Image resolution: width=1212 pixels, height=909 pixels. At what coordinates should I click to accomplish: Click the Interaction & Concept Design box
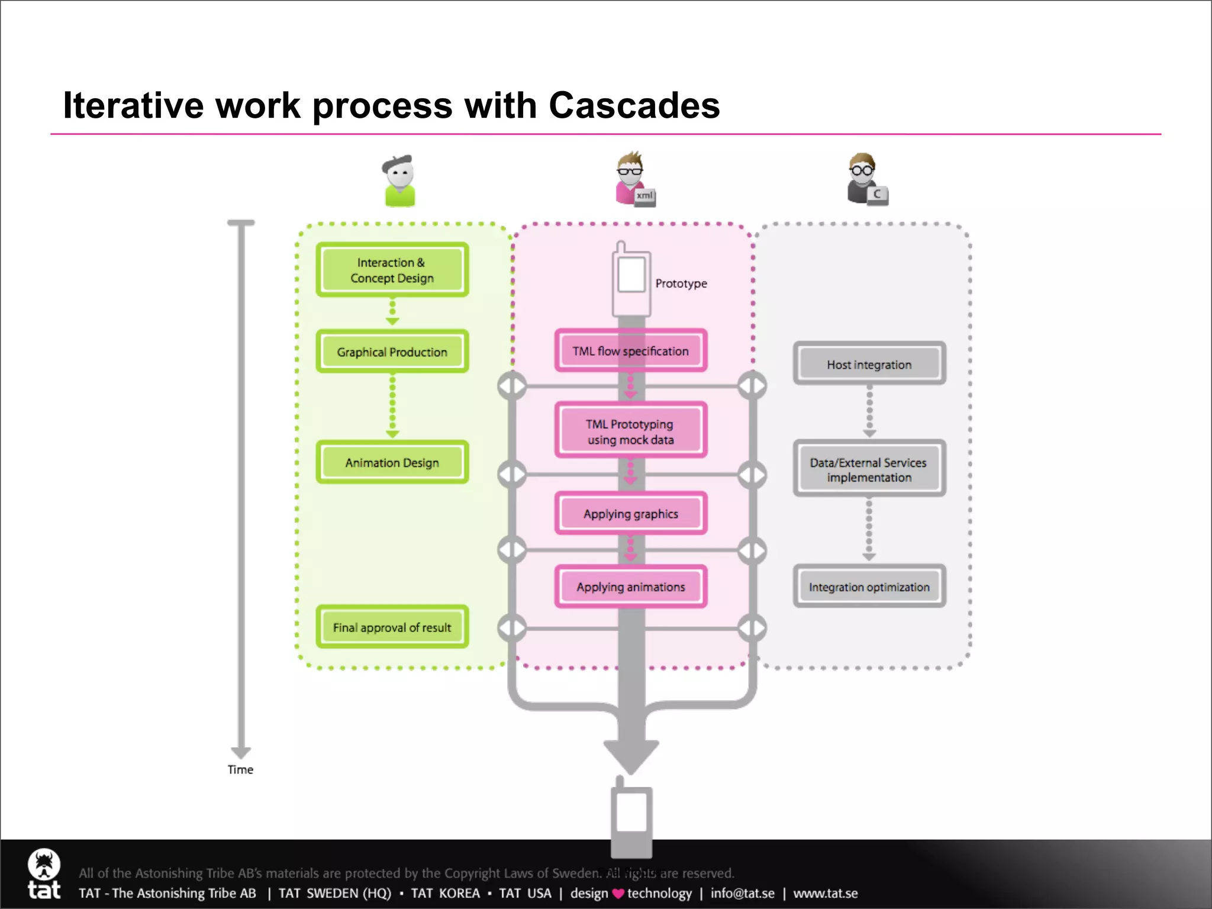click(392, 270)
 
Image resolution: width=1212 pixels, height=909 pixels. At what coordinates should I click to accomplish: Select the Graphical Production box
click(392, 352)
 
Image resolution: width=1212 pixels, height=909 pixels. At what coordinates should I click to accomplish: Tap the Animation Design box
click(392, 462)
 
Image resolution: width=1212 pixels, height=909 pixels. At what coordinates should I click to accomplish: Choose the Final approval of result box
click(392, 627)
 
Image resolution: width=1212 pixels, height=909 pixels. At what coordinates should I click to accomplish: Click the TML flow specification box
click(630, 351)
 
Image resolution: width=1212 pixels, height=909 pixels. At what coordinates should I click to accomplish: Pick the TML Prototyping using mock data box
click(630, 431)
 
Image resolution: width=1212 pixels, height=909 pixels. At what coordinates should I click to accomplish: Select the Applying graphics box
click(630, 514)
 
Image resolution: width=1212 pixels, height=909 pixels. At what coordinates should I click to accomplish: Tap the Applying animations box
click(630, 586)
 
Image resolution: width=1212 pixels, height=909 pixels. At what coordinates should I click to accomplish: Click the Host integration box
click(869, 364)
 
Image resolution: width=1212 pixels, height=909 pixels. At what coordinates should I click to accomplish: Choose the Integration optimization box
click(869, 586)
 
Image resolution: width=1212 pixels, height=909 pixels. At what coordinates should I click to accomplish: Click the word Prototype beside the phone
click(681, 283)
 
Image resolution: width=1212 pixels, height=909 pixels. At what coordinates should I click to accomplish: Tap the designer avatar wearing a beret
click(399, 180)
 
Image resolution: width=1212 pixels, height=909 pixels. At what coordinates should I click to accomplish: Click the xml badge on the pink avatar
click(644, 196)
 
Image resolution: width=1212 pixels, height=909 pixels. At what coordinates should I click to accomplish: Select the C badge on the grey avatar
click(877, 194)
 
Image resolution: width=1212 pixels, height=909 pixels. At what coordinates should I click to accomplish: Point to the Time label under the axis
click(240, 769)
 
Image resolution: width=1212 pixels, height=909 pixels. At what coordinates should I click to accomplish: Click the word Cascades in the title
click(634, 105)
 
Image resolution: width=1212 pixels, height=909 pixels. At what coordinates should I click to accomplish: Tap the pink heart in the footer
click(618, 894)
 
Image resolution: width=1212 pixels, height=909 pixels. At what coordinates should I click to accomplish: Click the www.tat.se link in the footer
click(825, 893)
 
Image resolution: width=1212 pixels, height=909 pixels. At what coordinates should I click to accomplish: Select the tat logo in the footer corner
click(44, 873)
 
